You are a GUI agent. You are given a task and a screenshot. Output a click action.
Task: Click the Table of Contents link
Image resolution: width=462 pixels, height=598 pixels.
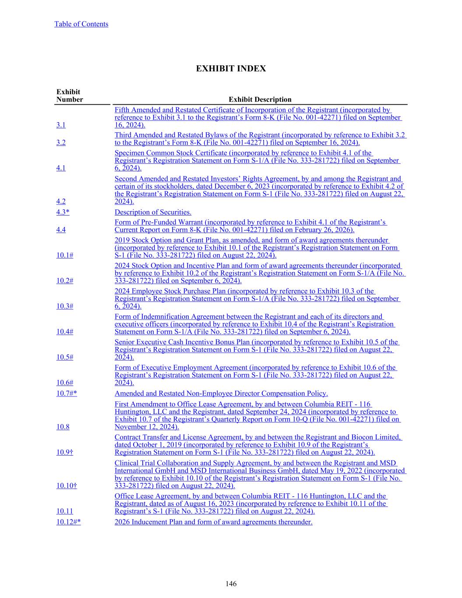81,24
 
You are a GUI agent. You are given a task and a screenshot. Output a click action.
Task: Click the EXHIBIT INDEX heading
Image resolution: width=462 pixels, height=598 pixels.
231,69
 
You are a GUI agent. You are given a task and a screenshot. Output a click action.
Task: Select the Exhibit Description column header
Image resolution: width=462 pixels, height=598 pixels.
260,99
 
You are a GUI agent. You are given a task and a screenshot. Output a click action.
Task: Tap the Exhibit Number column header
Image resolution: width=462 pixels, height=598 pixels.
69,96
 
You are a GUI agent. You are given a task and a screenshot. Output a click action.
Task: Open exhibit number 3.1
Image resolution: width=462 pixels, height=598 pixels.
61,125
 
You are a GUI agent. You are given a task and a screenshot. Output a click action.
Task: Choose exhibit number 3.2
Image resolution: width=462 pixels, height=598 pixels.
61,142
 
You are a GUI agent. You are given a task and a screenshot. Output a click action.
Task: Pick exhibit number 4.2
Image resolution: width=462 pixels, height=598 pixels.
61,202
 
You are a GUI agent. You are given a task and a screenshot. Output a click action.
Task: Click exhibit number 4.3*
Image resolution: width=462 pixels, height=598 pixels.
63,212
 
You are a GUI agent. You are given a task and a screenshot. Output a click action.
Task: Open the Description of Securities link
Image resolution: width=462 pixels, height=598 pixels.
153,212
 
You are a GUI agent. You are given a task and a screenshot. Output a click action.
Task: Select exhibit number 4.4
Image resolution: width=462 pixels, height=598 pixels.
61,230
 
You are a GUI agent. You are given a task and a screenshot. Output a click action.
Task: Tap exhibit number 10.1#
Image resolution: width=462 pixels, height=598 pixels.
64,255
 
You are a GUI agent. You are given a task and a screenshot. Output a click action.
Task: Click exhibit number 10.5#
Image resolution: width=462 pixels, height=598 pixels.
64,357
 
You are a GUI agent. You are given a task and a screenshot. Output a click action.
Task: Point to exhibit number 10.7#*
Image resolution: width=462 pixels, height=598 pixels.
67,393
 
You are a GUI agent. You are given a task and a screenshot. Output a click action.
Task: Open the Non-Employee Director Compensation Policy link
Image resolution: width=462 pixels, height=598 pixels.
221,393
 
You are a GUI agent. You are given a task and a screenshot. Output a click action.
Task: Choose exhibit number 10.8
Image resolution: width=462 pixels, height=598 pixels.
63,427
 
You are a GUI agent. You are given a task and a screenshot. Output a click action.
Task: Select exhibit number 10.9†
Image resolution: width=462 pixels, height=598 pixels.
64,452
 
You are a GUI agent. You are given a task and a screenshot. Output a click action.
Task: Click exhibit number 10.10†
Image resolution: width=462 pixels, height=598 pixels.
67,485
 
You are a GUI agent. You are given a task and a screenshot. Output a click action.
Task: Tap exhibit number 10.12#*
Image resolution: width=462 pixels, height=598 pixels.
68,522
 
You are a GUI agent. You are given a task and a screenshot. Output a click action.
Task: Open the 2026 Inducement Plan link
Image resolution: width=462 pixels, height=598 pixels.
213,522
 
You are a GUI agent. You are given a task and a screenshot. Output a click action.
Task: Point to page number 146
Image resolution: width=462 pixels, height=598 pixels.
231,584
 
